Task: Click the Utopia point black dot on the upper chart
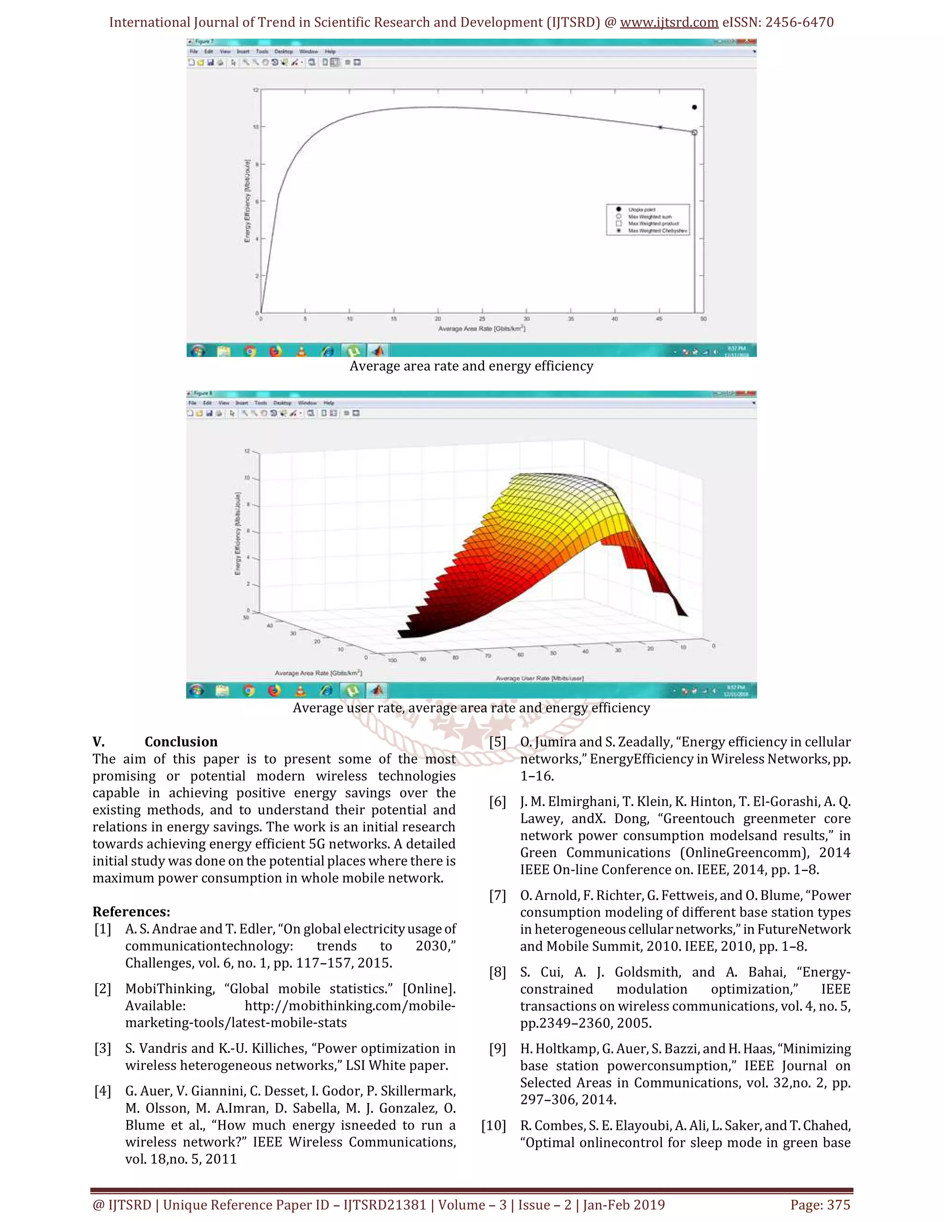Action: pos(694,107)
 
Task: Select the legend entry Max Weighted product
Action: pos(653,223)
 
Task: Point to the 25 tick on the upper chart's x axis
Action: pos(482,319)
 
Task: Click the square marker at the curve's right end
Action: pos(695,133)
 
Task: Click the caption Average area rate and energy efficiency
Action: pos(471,366)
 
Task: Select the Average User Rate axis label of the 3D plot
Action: pos(540,678)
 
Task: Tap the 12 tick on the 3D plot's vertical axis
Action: pos(247,451)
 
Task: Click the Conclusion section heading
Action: pos(181,742)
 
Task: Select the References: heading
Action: pos(131,912)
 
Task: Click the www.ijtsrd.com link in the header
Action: pos(669,23)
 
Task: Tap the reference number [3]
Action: pos(102,1048)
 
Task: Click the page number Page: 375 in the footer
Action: pos(820,1204)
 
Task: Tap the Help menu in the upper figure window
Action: pos(330,52)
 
